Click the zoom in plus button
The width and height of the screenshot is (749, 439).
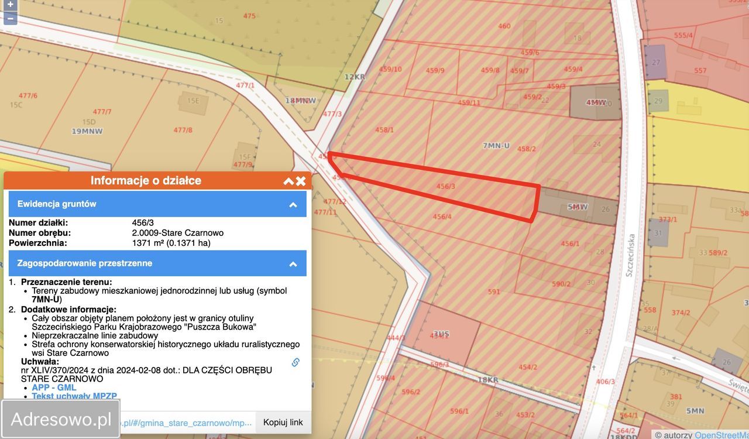point(10,5)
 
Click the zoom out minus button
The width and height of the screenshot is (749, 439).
point(10,18)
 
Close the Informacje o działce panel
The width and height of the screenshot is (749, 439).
point(301,181)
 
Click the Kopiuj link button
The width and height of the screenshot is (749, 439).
point(283,422)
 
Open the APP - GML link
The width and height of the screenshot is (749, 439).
point(54,387)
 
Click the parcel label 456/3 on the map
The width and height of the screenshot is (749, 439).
point(446,186)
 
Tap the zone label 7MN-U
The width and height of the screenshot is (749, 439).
point(496,145)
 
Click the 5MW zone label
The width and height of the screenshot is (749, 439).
point(578,207)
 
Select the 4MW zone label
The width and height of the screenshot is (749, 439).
point(596,102)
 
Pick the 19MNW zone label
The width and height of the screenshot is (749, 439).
point(87,131)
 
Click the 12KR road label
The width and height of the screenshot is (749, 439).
point(355,77)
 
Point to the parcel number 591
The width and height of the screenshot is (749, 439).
point(494,291)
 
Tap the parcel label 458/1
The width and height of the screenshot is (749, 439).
point(384,130)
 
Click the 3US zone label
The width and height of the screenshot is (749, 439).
point(441,334)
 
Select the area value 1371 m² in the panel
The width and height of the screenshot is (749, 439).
point(171,242)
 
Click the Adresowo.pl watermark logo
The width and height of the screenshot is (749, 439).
point(61,419)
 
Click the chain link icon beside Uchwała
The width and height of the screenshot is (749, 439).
point(296,362)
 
